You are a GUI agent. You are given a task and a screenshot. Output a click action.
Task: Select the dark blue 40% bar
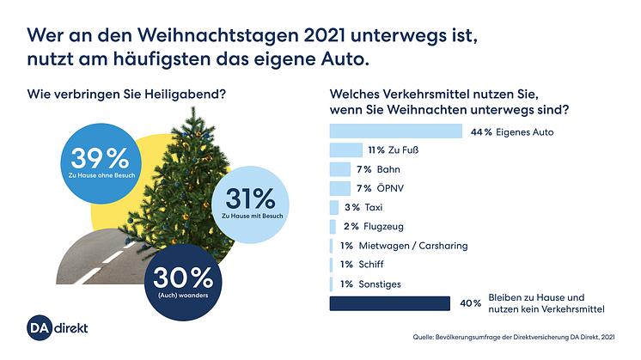point(390,303)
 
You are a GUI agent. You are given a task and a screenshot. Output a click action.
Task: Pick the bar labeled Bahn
point(340,169)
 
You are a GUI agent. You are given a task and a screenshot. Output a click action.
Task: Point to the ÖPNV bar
point(340,188)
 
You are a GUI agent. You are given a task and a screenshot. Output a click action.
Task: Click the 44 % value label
point(481,131)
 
